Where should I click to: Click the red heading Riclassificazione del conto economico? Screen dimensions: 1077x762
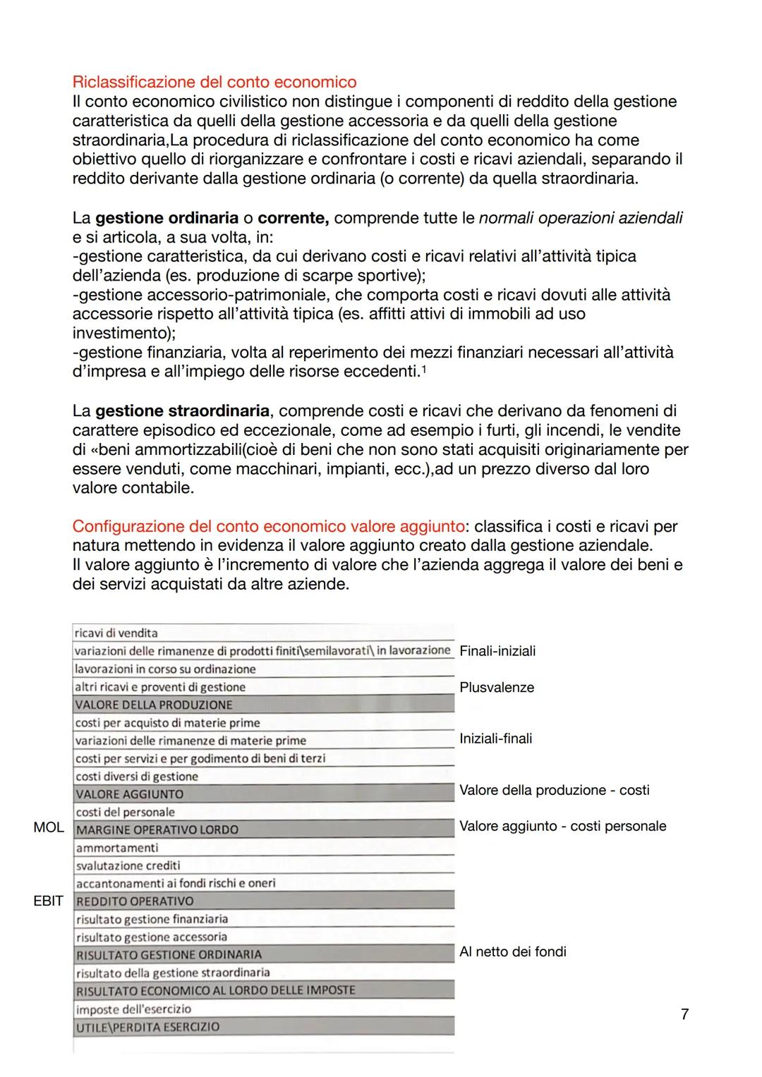tap(214, 82)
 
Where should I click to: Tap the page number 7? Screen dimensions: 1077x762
tap(684, 1014)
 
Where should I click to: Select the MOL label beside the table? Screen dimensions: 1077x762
tap(49, 827)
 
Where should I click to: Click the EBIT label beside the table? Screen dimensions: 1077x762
tap(49, 901)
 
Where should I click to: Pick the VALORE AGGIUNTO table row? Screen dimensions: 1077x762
tap(262, 794)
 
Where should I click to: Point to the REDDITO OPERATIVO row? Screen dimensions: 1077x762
tap(262, 901)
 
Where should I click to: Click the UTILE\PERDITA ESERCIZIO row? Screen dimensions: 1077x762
tap(262, 1027)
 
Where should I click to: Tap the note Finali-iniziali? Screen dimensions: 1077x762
tap(497, 651)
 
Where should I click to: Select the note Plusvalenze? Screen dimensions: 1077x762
tap(497, 688)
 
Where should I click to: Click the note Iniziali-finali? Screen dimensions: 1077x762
tap(496, 738)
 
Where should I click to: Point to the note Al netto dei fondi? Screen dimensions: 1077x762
tap(513, 951)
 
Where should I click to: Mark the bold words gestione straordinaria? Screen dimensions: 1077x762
tap(182, 410)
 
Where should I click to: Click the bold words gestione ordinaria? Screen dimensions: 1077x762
tap(167, 218)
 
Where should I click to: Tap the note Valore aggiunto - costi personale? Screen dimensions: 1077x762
tap(562, 826)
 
